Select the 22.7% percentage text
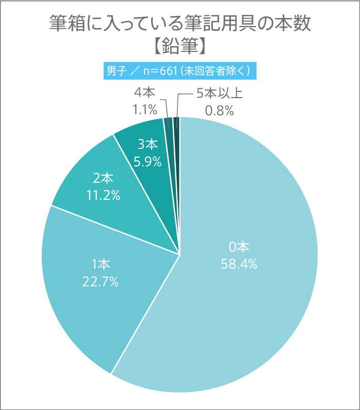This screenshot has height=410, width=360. pos(101,282)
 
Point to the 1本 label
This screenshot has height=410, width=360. pos(101,265)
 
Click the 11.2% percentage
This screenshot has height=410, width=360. pos(103,195)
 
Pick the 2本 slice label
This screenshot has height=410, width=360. pos(103,178)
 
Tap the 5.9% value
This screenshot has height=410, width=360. pos(148,162)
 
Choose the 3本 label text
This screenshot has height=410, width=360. pos(148,145)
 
